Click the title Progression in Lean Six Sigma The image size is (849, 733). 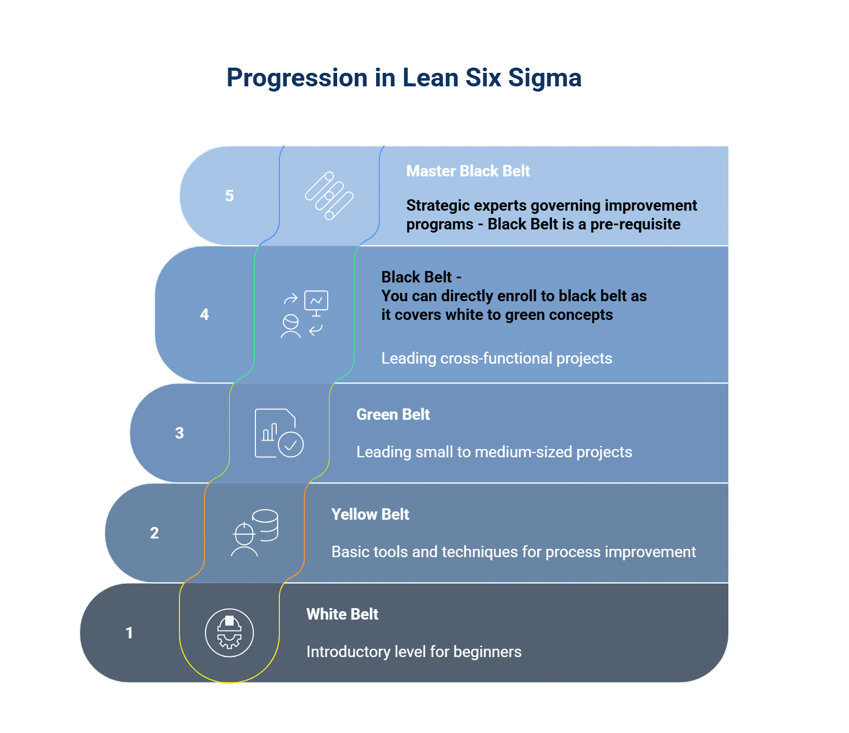[x=404, y=78]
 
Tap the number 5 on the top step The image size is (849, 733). [x=229, y=196]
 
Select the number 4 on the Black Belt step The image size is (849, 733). [x=204, y=315]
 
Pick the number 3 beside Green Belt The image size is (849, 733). [x=179, y=433]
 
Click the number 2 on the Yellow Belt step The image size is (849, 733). [x=155, y=533]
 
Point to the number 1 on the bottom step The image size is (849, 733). [x=130, y=633]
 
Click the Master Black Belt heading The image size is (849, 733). [x=468, y=171]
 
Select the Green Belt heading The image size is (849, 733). [x=393, y=415]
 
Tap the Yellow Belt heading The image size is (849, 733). [x=370, y=515]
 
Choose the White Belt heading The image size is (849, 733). [x=342, y=614]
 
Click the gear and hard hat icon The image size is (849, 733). [x=229, y=633]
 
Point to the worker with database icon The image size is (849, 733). [x=254, y=533]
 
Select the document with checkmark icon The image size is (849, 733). [x=279, y=433]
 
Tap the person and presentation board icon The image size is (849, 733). [x=304, y=314]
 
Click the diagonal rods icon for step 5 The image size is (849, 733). [x=329, y=196]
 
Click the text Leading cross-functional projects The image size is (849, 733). [x=496, y=358]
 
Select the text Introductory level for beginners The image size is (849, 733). [x=414, y=652]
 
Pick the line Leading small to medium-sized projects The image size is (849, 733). [x=494, y=452]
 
